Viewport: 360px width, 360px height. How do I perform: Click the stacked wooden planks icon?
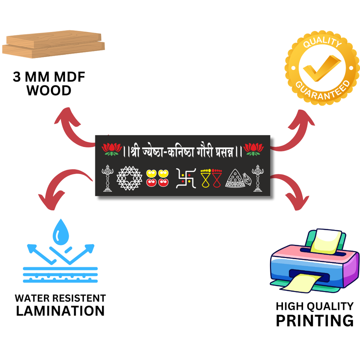[53, 44]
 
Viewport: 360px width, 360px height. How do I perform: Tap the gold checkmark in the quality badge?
[321, 68]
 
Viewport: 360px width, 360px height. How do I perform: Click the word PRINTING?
[314, 321]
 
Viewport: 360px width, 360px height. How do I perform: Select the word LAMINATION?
[60, 311]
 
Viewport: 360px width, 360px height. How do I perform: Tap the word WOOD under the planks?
[49, 91]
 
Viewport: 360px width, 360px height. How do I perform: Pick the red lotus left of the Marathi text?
[112, 149]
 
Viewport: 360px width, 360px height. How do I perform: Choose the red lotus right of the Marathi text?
[253, 149]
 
